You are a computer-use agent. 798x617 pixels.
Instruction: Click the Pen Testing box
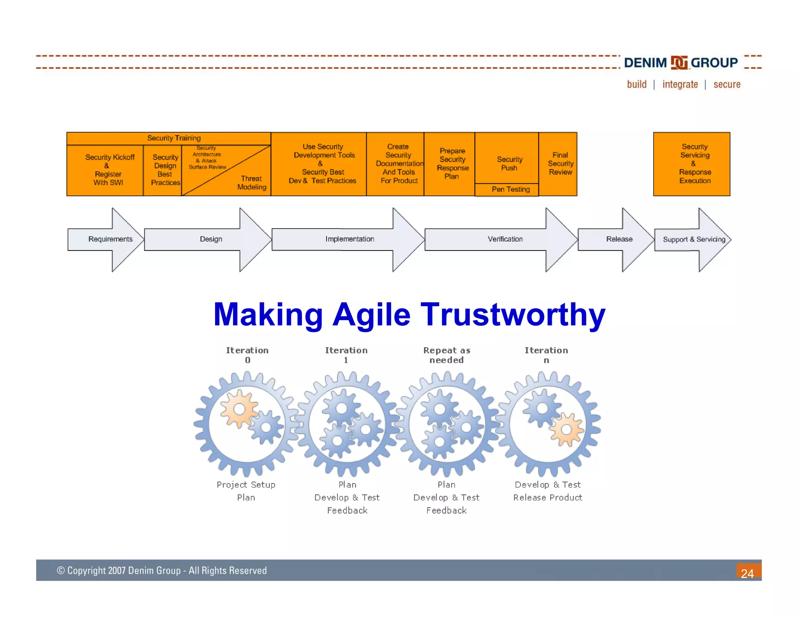510,190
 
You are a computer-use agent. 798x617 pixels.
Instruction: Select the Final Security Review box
560,163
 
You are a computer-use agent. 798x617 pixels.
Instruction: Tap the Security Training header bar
174,138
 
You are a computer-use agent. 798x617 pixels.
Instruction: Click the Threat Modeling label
252,183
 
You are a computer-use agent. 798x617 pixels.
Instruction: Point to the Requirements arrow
110,239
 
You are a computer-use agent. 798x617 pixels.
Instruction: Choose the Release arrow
619,239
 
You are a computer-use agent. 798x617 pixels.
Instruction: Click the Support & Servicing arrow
694,239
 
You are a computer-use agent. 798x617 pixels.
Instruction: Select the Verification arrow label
505,239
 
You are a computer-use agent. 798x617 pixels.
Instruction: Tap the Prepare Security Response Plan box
452,163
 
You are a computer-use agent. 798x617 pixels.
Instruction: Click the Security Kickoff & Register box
109,170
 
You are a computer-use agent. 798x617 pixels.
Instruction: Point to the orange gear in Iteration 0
239,409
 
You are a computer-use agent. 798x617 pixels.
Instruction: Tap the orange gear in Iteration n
566,430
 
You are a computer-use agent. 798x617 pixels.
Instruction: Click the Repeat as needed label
447,355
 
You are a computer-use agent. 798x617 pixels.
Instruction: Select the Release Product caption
547,498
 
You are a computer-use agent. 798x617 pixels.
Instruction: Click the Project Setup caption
246,485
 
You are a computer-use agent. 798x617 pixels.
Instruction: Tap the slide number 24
747,573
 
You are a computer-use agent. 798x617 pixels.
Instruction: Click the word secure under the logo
727,85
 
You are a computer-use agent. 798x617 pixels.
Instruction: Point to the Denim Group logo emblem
679,62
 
